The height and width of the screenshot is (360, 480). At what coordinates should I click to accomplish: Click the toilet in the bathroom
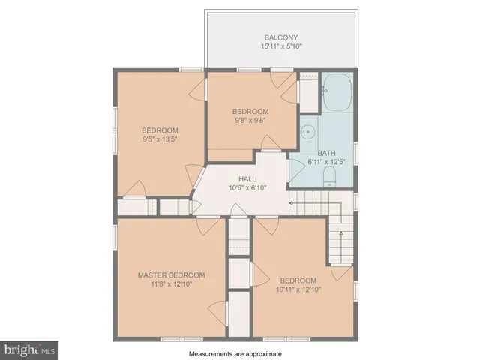tap(328, 176)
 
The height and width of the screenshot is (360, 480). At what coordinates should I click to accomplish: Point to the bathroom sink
tap(307, 132)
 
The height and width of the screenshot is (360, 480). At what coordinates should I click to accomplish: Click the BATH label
tap(327, 153)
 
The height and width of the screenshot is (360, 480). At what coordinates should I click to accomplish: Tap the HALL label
tap(247, 178)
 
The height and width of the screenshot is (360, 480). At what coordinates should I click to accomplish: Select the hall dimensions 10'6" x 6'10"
tap(247, 187)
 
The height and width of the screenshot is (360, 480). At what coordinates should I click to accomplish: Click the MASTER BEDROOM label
tap(171, 275)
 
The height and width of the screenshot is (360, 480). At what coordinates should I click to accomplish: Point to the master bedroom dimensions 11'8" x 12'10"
tap(171, 284)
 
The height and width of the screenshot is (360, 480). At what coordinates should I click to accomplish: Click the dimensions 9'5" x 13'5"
tap(160, 139)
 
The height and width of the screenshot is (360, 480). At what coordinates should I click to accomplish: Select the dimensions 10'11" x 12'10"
tap(298, 289)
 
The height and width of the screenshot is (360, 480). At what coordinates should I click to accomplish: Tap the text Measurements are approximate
tap(237, 352)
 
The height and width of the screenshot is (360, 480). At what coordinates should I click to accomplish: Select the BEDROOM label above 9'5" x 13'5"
tap(160, 130)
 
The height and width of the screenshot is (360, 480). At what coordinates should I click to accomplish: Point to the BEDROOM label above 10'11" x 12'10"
tap(298, 280)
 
